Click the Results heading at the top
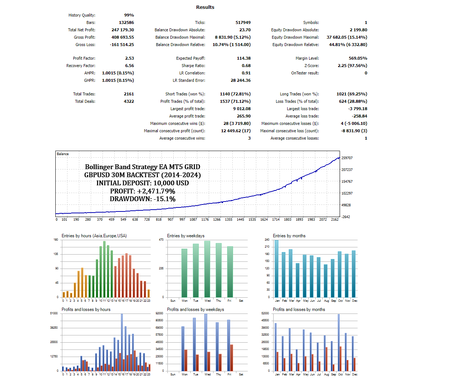pyautogui.click(x=205, y=7)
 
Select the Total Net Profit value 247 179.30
pyautogui.click(x=122, y=30)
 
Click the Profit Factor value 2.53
pyautogui.click(x=129, y=58)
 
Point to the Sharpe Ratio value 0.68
pyautogui.click(x=246, y=66)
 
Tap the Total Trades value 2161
pyautogui.click(x=129, y=94)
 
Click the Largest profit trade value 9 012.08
pyautogui.click(x=242, y=109)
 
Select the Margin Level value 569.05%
pyautogui.click(x=358, y=58)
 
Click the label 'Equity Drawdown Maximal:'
pyautogui.click(x=295, y=37)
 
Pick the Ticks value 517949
pyautogui.click(x=243, y=22)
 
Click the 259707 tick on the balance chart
pyautogui.click(x=347, y=158)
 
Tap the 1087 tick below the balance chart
pyautogui.click(x=193, y=220)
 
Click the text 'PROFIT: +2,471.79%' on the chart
pyautogui.click(x=142, y=191)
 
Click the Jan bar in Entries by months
pyautogui.click(x=277, y=269)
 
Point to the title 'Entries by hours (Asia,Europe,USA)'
pyautogui.click(x=94, y=236)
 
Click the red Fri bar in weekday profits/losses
pyautogui.click(x=231, y=358)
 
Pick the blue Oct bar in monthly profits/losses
pyautogui.click(x=339, y=342)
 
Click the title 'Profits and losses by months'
pyautogui.click(x=299, y=309)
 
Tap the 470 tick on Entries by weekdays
pyautogui.click(x=161, y=240)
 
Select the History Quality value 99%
pyautogui.click(x=129, y=15)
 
